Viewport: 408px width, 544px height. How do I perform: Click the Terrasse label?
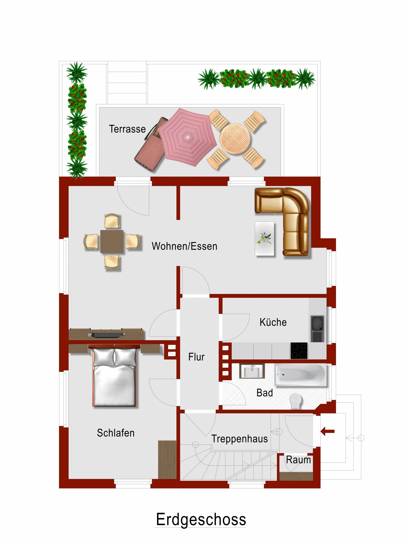[x=127, y=129]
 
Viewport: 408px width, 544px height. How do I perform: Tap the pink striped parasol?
[x=187, y=137]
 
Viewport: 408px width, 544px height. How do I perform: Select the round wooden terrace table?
[x=235, y=139]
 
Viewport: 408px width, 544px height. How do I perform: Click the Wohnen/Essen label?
[x=184, y=246]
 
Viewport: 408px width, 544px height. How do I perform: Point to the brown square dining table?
[x=112, y=241]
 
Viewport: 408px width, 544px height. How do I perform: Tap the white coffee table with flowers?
[x=264, y=238]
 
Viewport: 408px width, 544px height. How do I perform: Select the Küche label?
[x=273, y=322]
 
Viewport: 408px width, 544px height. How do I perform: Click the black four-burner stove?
[x=299, y=351]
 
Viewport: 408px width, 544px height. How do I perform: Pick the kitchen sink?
[x=317, y=329]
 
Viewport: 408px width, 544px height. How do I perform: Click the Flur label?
[x=196, y=357]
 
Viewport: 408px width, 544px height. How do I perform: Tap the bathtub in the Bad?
[x=300, y=375]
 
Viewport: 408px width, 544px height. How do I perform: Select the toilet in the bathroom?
[x=296, y=401]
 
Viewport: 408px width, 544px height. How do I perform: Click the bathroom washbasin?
[x=252, y=371]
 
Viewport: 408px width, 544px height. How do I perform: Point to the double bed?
[x=114, y=375]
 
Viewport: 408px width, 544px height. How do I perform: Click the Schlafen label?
[x=116, y=433]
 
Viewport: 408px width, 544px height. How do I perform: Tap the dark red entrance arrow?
[x=327, y=431]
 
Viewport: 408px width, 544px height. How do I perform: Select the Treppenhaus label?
[x=239, y=439]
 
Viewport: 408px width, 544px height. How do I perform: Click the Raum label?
[x=298, y=460]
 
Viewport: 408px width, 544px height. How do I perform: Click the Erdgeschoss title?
[x=201, y=520]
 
